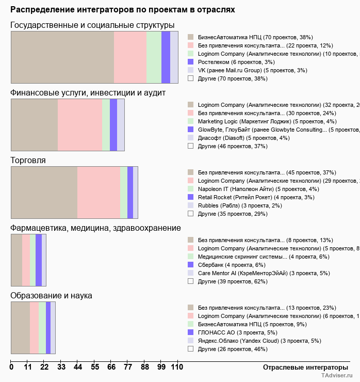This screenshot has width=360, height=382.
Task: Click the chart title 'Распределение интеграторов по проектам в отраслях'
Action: pyautogui.click(x=123, y=10)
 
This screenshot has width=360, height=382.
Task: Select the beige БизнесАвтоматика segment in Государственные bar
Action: pyautogui.click(x=62, y=57)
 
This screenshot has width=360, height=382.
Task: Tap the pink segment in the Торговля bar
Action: pyautogui.click(x=99, y=193)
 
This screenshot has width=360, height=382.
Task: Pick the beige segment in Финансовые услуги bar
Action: pyautogui.click(x=34, y=125)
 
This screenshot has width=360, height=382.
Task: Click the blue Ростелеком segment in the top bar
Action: pyautogui.click(x=166, y=57)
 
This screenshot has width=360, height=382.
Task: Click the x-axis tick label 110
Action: pyautogui.click(x=177, y=367)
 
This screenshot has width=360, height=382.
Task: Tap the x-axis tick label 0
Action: pyautogui.click(x=11, y=367)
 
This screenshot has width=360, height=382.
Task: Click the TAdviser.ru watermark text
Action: pyautogui.click(x=337, y=376)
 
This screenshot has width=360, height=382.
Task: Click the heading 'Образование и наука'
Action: pyautogui.click(x=51, y=296)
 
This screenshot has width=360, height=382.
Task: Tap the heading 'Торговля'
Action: pyautogui.click(x=28, y=161)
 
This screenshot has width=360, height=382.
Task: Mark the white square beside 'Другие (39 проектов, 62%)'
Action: pyautogui.click(x=190, y=281)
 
